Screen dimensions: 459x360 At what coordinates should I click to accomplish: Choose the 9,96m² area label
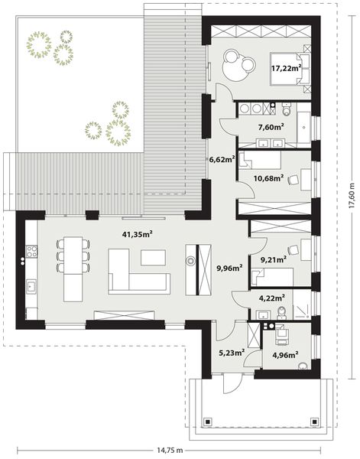tap(229, 269)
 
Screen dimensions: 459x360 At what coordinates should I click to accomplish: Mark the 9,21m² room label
tap(273, 259)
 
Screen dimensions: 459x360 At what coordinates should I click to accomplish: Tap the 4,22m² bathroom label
tap(272, 298)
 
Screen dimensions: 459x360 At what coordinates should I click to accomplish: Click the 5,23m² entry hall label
tap(231, 353)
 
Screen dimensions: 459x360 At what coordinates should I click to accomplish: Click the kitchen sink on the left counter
tap(33, 287)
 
